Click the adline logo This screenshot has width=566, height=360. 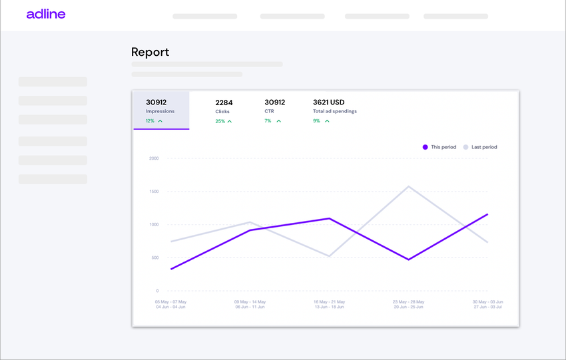pos(46,14)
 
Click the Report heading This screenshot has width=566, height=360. pos(150,52)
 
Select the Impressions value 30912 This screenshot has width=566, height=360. pos(156,102)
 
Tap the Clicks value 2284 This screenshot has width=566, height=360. pos(224,102)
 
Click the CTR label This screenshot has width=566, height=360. pos(269,111)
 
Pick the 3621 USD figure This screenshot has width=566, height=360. pos(329,102)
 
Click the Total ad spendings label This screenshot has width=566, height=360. pos(335,111)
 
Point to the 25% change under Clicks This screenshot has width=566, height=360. pos(220,121)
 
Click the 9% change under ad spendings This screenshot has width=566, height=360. pos(317,121)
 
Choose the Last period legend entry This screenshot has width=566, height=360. pos(484,147)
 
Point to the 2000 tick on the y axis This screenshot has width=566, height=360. pos(154,158)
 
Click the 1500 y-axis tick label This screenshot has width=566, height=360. pos(154,192)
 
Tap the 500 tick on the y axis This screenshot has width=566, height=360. pos(155,258)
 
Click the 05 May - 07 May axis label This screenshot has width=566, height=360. pos(170,301)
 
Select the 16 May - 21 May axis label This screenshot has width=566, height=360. pos(329,301)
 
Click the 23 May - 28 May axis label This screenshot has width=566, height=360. pos(409,301)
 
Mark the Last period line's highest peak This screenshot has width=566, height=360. pos(408,186)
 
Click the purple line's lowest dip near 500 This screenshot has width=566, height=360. pos(408,260)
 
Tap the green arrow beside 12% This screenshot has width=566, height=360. pos(160,121)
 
